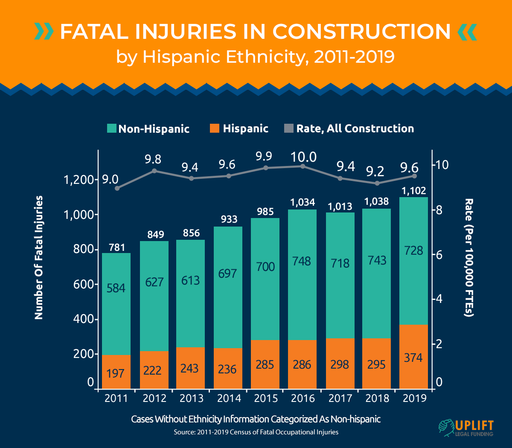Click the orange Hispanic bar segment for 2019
[413, 357]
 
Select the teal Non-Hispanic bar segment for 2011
[116, 304]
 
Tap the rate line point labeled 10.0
[303, 166]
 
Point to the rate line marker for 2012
[154, 171]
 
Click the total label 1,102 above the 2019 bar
[413, 191]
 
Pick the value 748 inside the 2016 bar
[302, 261]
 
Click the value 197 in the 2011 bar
[116, 373]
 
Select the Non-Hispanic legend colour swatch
[112, 128]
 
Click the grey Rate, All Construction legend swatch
[289, 128]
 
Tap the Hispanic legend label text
[245, 128]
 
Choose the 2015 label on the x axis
[265, 398]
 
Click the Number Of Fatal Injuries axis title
[39, 257]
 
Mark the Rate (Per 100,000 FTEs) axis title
[469, 257]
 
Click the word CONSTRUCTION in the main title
[361, 32]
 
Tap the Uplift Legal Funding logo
[465, 428]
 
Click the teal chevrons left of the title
[44, 32]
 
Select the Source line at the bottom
[256, 432]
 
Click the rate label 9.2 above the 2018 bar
[375, 171]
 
